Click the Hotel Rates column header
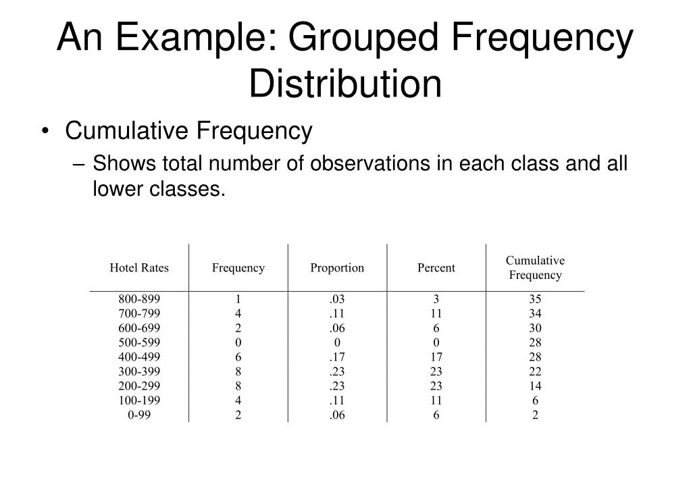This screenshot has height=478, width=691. coord(139,268)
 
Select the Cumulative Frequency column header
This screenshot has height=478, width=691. coord(535,268)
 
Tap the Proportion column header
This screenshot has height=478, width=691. coord(337,268)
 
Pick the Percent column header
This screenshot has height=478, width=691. coord(436,268)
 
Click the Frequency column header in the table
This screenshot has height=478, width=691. coord(238,268)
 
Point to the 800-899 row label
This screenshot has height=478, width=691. coord(139,299)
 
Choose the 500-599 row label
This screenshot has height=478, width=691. coord(139,342)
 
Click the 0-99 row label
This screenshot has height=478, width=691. coord(139,415)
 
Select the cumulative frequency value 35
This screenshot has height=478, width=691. coord(535,299)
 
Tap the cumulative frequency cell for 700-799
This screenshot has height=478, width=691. coord(535,313)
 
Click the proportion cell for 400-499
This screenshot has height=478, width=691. coord(337,356)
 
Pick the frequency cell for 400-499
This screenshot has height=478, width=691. coord(238,356)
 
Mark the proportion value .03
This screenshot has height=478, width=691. coord(337,299)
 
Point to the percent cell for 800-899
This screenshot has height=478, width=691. coord(436,299)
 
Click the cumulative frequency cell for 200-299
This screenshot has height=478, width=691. coord(535,386)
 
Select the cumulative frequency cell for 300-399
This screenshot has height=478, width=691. coord(535,371)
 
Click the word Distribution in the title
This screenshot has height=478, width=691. coord(345,82)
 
